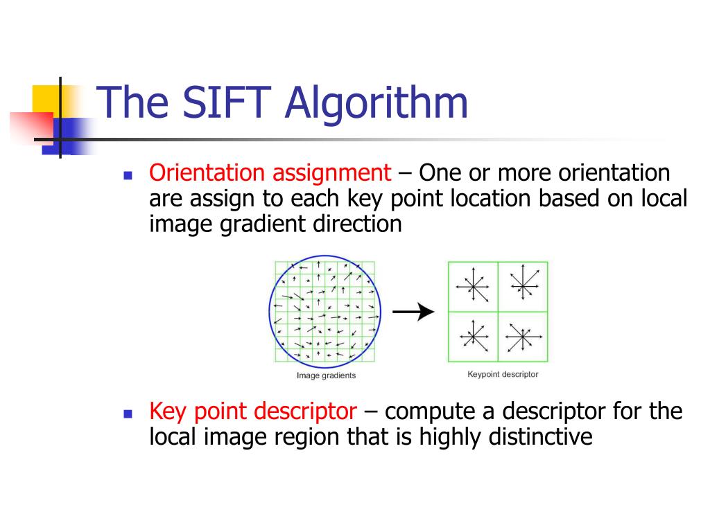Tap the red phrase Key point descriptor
coord(253,412)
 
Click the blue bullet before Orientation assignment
coord(127,175)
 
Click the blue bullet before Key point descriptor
coord(127,414)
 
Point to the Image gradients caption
coord(326,375)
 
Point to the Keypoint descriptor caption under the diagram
coord(503,374)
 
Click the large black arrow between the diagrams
coord(414,312)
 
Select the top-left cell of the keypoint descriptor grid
coord(473,286)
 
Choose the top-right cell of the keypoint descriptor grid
coord(523,286)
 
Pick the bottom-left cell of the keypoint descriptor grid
coord(473,337)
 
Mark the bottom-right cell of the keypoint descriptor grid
coord(523,337)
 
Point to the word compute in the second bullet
coord(424,412)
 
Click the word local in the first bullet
coord(662,199)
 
